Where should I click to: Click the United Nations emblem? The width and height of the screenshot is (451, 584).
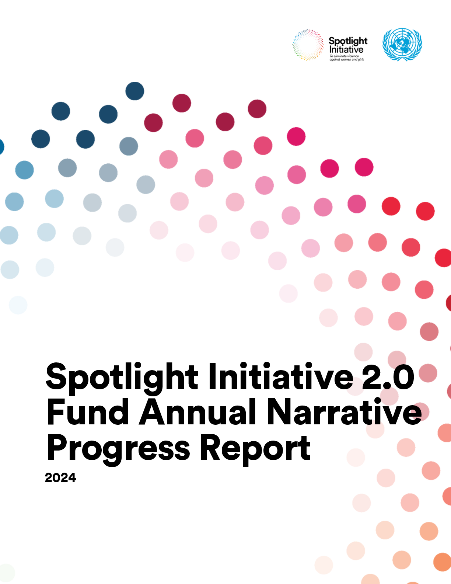402,44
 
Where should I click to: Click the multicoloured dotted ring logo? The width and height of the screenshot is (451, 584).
308,45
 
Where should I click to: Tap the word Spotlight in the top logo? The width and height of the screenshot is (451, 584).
348,41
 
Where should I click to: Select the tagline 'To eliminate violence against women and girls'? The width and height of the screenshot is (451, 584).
346,58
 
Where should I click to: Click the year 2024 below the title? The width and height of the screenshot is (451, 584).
60,477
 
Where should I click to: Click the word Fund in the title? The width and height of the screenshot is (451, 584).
88,412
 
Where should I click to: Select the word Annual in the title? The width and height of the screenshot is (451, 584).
197,412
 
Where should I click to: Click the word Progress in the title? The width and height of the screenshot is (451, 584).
118,449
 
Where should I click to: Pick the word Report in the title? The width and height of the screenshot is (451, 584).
255,449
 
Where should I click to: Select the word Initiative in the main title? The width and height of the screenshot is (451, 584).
281,376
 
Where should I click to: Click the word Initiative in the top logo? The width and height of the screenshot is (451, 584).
346,50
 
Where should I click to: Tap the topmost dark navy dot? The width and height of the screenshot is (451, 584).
135,91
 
